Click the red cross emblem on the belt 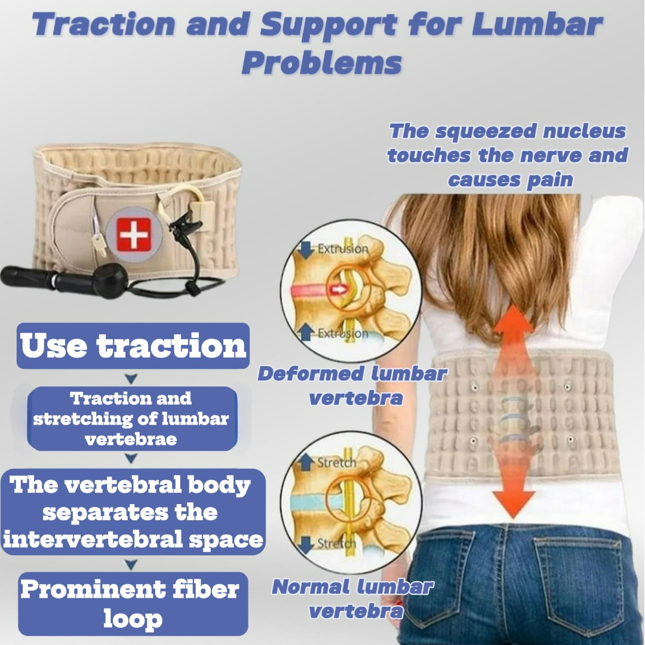134,235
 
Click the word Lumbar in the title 537,24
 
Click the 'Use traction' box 133,346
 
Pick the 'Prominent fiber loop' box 133,604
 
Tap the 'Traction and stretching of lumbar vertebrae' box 132,418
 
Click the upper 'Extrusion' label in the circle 343,248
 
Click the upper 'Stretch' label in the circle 336,463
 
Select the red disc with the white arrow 319,290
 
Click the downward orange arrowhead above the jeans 514,504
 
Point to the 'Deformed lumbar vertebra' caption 352,386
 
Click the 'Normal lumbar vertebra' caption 352,599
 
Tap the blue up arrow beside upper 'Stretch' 305,462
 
